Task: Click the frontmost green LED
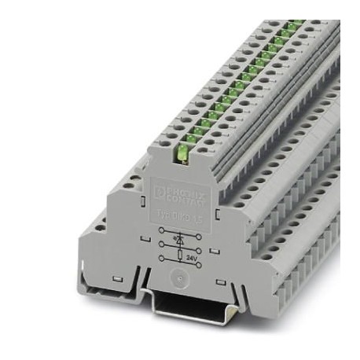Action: (x=182, y=153)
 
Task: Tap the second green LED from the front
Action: (x=191, y=139)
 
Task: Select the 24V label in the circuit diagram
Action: (x=192, y=257)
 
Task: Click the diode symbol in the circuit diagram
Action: (x=180, y=240)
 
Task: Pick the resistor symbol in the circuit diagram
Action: (x=180, y=255)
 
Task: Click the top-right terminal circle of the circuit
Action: (x=199, y=237)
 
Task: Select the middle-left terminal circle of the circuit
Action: (x=161, y=244)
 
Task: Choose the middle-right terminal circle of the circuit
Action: (x=199, y=250)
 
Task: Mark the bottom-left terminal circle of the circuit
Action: (x=161, y=258)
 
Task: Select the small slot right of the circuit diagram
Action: (x=214, y=251)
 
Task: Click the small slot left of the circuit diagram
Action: (x=145, y=238)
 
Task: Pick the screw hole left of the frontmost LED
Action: (x=165, y=143)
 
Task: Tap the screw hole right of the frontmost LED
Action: (x=203, y=149)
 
